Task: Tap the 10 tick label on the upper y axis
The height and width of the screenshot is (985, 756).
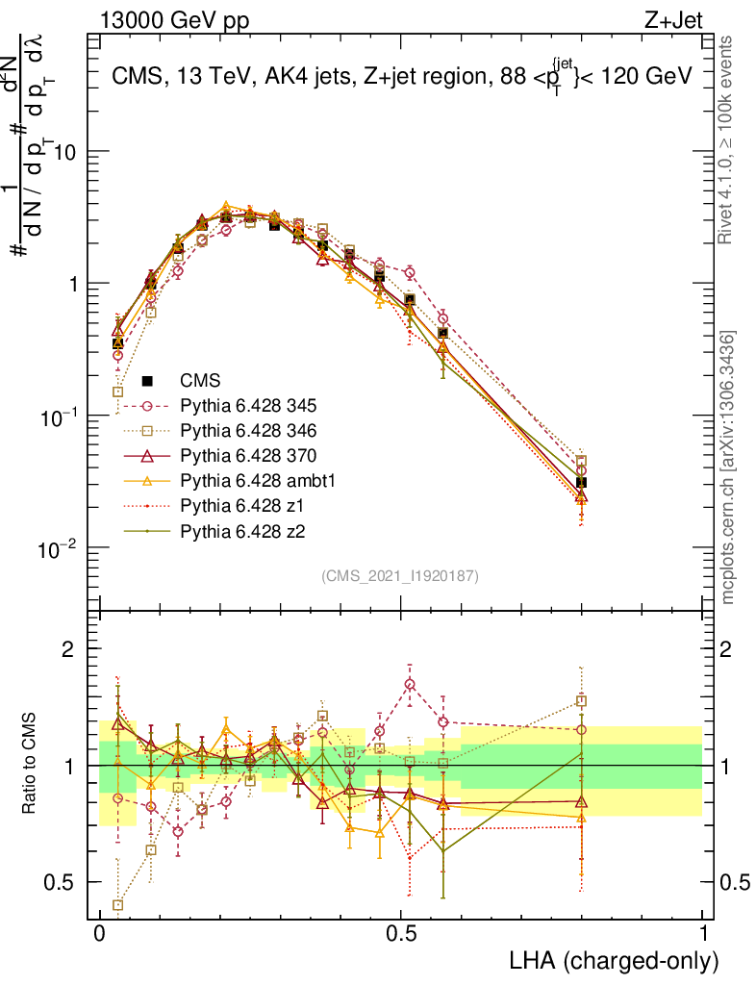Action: coord(67,153)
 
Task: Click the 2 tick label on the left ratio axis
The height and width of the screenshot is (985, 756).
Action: coord(68,649)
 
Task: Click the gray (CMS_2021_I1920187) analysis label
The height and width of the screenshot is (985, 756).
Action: coord(400,576)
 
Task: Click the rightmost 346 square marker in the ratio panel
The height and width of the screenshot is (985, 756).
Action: coord(581,701)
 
